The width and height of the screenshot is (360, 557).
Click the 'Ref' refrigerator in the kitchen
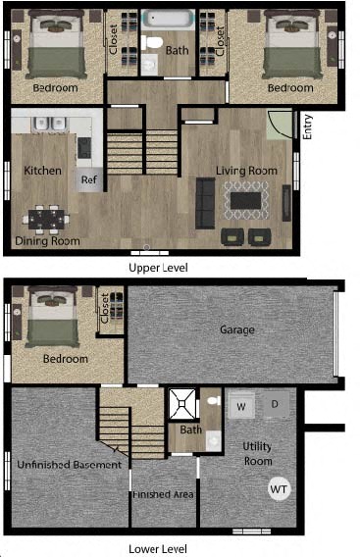pyautogui.click(x=89, y=179)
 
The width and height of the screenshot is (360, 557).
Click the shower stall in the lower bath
pyautogui.click(x=180, y=402)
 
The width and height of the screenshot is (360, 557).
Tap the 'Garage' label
pyautogui.click(x=236, y=330)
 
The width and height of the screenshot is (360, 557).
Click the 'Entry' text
pyautogui.click(x=307, y=127)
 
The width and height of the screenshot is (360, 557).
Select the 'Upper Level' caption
pyautogui.click(x=159, y=267)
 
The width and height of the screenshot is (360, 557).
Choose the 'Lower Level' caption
pyautogui.click(x=158, y=549)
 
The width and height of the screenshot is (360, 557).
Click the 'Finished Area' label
pyautogui.click(x=164, y=493)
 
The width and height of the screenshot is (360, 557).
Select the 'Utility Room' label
pyautogui.click(x=258, y=453)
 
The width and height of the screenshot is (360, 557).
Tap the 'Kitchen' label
pyautogui.click(x=42, y=171)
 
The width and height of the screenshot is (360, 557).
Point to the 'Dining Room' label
pyautogui.click(x=46, y=241)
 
